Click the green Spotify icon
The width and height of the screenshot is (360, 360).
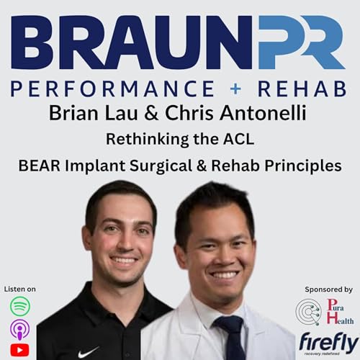click(19, 305)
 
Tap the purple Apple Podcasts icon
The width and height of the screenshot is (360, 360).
click(19, 328)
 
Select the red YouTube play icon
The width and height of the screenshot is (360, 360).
click(19, 350)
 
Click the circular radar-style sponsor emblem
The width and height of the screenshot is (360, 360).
click(307, 312)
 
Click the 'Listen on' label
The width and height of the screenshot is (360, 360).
click(19, 289)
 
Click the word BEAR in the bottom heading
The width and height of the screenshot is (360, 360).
click(38, 164)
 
